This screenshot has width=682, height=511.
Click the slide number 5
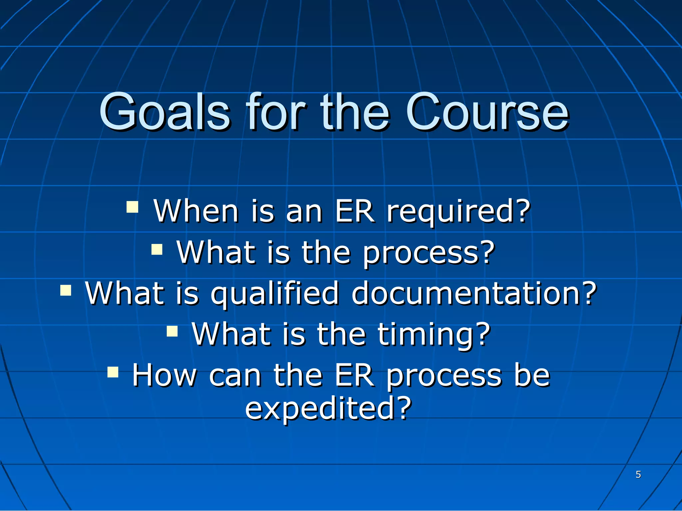[638, 474]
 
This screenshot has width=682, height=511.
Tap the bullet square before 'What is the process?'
[157, 249]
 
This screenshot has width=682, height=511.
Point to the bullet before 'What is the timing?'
[172, 331]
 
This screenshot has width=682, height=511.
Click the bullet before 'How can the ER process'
[113, 372]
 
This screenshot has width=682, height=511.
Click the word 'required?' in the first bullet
[458, 211]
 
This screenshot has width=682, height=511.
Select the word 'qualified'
[275, 293]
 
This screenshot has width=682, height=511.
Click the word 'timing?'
[434, 334]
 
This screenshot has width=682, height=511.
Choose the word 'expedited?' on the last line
[328, 409]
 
